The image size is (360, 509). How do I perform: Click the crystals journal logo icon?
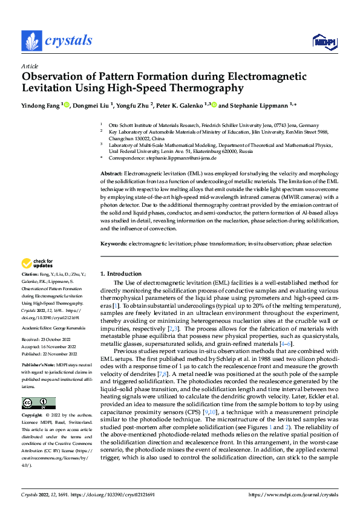point(30,41)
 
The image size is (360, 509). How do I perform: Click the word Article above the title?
point(29,66)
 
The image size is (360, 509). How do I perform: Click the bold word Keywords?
point(113,244)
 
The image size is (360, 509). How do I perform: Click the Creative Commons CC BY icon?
point(38,403)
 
